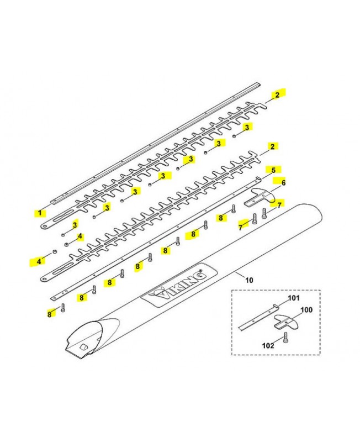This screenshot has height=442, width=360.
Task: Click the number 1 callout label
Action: click(40, 213)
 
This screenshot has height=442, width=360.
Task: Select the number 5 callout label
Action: click(273, 170)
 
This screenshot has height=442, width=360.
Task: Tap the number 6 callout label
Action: click(283, 183)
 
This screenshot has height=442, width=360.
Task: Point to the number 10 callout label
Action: click(250, 280)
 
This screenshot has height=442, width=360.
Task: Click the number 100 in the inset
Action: click(306, 310)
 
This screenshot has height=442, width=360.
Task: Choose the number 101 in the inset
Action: click(294, 298)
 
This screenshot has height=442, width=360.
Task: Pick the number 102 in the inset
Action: click(268, 345)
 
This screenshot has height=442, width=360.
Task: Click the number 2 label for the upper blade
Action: click(277, 94)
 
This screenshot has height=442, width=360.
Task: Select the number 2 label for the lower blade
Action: click(272, 146)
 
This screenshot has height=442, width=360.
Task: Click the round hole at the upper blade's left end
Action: click(45, 226)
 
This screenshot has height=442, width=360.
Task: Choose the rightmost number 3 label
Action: click(247, 127)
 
